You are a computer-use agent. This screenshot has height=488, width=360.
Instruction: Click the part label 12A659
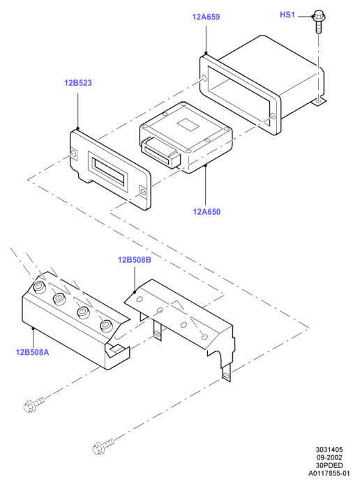coord(206,17)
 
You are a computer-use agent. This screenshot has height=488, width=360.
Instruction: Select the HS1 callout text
coord(287,15)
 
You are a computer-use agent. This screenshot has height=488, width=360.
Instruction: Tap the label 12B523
coord(78,83)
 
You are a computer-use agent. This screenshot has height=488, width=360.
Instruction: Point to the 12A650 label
coord(207,212)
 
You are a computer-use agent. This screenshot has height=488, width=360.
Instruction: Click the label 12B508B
coord(134,259)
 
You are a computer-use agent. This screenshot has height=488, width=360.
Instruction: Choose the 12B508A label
coord(32,352)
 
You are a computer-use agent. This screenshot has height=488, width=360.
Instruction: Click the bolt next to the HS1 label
coord(318,21)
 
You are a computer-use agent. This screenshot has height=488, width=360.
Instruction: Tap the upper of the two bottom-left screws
coord(34,404)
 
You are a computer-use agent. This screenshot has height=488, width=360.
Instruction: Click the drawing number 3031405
coord(329,450)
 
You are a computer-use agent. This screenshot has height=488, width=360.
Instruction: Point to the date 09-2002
coord(329,457)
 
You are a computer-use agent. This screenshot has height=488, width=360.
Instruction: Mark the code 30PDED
coord(329,465)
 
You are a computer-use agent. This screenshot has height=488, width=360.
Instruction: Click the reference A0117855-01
coord(329,473)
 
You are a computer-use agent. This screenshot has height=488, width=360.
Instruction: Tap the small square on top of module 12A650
coord(188,124)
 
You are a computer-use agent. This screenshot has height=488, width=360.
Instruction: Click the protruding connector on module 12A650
coord(160,153)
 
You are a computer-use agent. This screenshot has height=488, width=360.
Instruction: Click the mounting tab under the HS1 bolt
coord(319,101)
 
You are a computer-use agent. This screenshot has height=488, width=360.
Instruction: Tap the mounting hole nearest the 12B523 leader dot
coord(73,153)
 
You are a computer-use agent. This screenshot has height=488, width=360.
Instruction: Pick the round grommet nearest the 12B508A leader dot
coord(39,287)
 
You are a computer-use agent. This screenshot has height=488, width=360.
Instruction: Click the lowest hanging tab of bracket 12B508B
coord(227,374)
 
